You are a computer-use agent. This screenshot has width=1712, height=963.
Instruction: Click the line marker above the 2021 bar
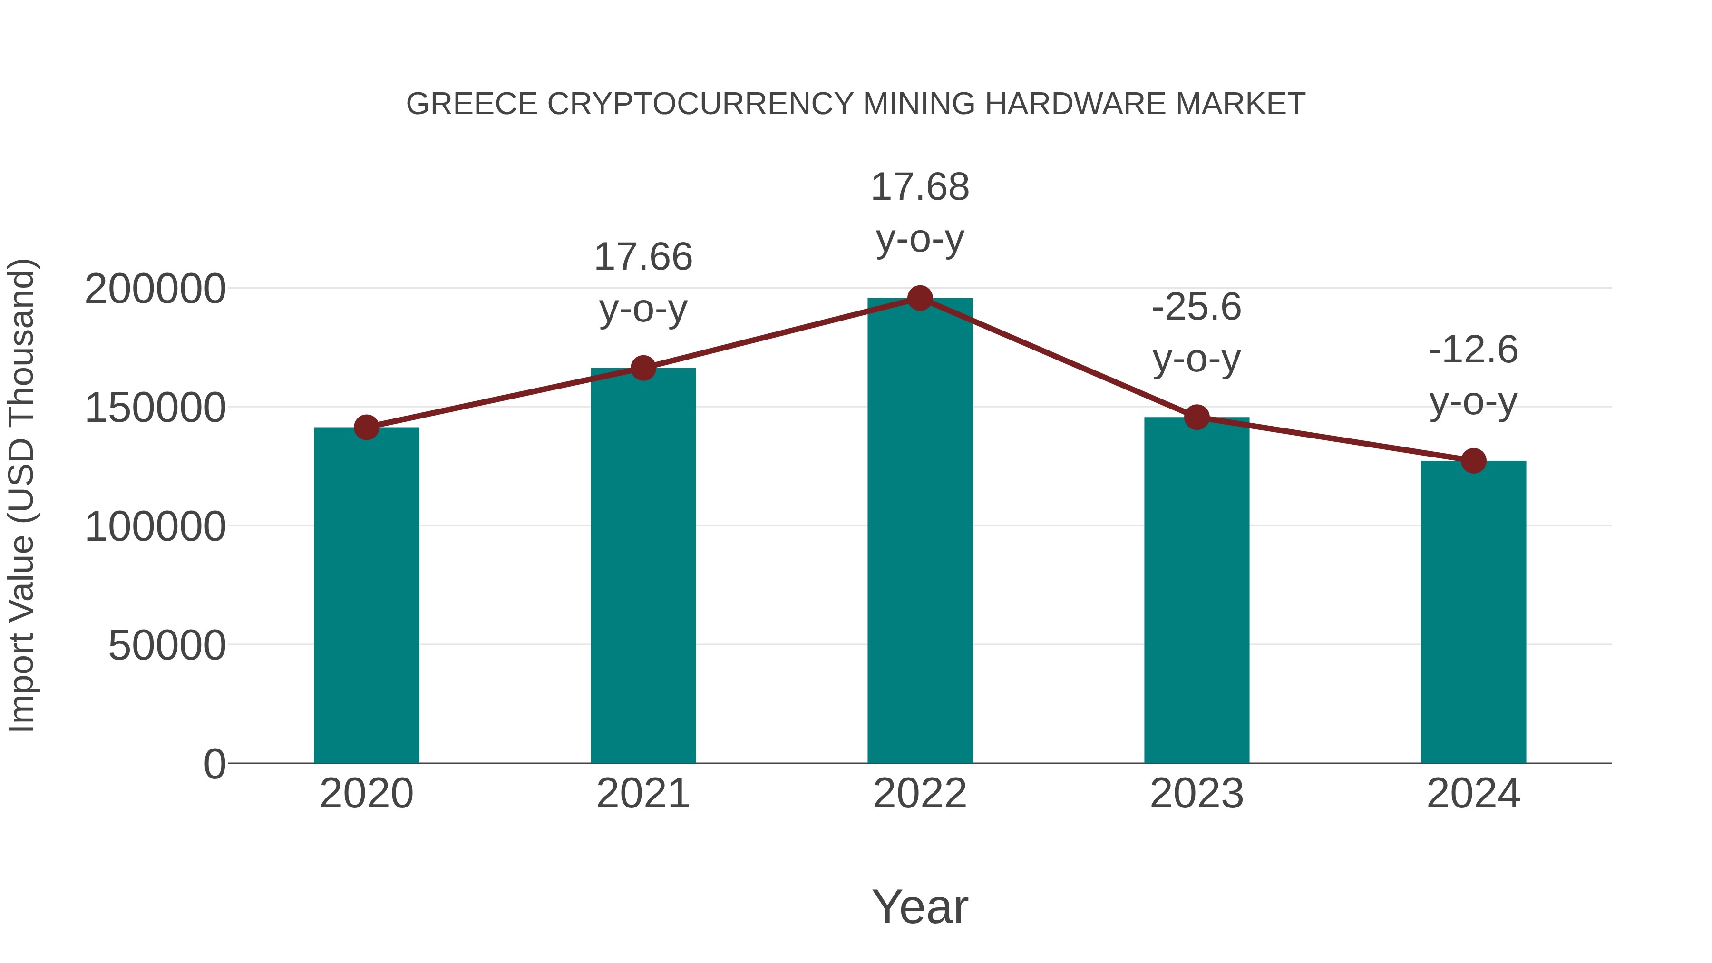click(643, 368)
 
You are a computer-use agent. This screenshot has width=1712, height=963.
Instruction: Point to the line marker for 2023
click(1197, 418)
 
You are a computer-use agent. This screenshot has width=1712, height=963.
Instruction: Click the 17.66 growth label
click(643, 257)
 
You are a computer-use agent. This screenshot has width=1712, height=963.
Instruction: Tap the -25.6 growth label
click(1196, 308)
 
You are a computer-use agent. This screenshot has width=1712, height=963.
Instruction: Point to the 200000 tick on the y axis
click(156, 290)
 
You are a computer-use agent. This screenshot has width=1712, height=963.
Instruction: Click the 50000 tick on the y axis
click(167, 645)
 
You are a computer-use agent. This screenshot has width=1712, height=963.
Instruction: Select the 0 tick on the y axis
click(214, 764)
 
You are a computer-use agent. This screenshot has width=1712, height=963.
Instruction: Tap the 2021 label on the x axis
click(643, 794)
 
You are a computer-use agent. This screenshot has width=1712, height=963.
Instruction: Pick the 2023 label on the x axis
click(1196, 794)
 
